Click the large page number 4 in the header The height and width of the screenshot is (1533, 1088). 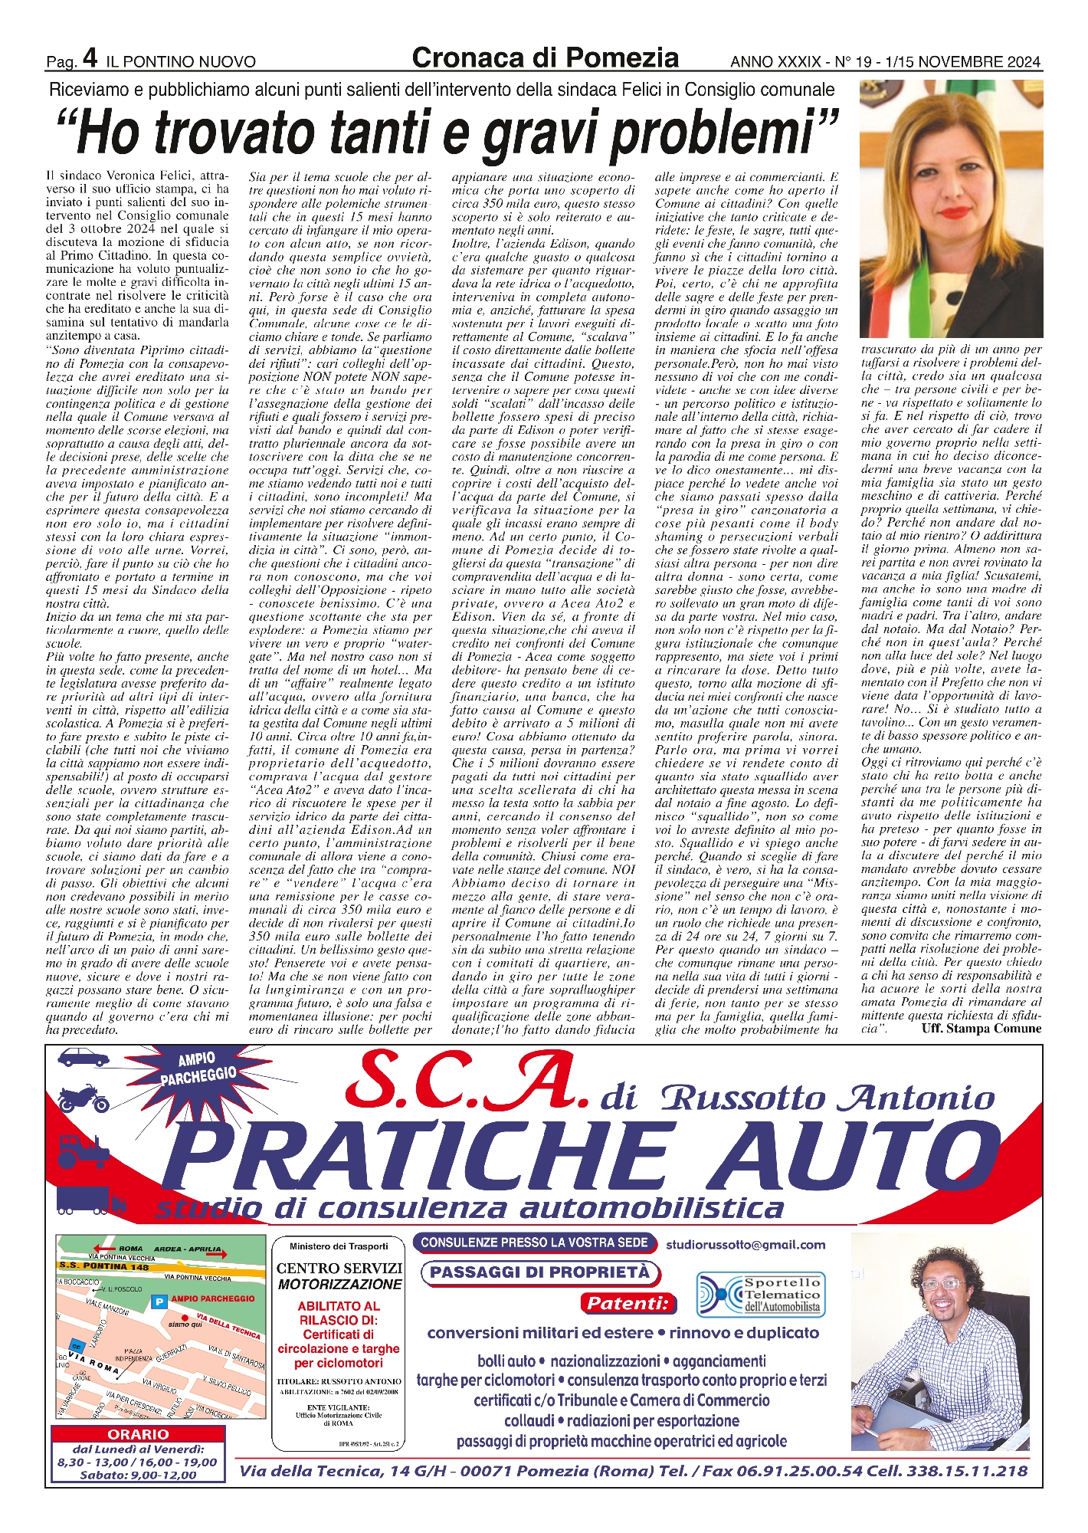pyautogui.click(x=90, y=57)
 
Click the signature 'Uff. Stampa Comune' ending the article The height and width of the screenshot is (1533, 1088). pyautogui.click(x=981, y=1029)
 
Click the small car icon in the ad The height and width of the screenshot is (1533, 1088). pyautogui.click(x=85, y=1058)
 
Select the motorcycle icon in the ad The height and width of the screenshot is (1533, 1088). pyautogui.click(x=84, y=1099)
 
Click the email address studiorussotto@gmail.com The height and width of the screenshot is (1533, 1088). pyautogui.click(x=746, y=1245)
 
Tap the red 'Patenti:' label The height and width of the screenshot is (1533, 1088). pyautogui.click(x=628, y=1303)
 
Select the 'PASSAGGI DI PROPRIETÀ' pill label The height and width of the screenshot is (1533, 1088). pyautogui.click(x=539, y=1272)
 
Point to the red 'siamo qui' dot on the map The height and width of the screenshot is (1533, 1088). pyautogui.click(x=185, y=1318)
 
